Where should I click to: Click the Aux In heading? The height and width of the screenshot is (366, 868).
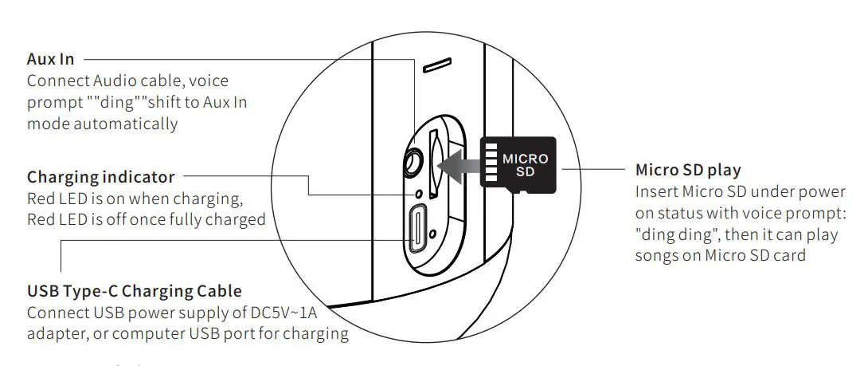(x=51, y=60)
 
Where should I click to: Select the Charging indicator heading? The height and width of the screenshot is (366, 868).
(x=100, y=177)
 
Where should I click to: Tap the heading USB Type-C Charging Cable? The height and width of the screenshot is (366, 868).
(x=134, y=291)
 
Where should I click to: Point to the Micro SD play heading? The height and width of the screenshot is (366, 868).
(x=688, y=170)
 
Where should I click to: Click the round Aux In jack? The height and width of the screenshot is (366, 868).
(x=412, y=163)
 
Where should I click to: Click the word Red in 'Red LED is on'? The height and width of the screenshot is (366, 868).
(x=41, y=199)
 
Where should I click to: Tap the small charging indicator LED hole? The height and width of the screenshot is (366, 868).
(x=417, y=194)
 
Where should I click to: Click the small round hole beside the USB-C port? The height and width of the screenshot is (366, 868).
(x=432, y=234)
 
